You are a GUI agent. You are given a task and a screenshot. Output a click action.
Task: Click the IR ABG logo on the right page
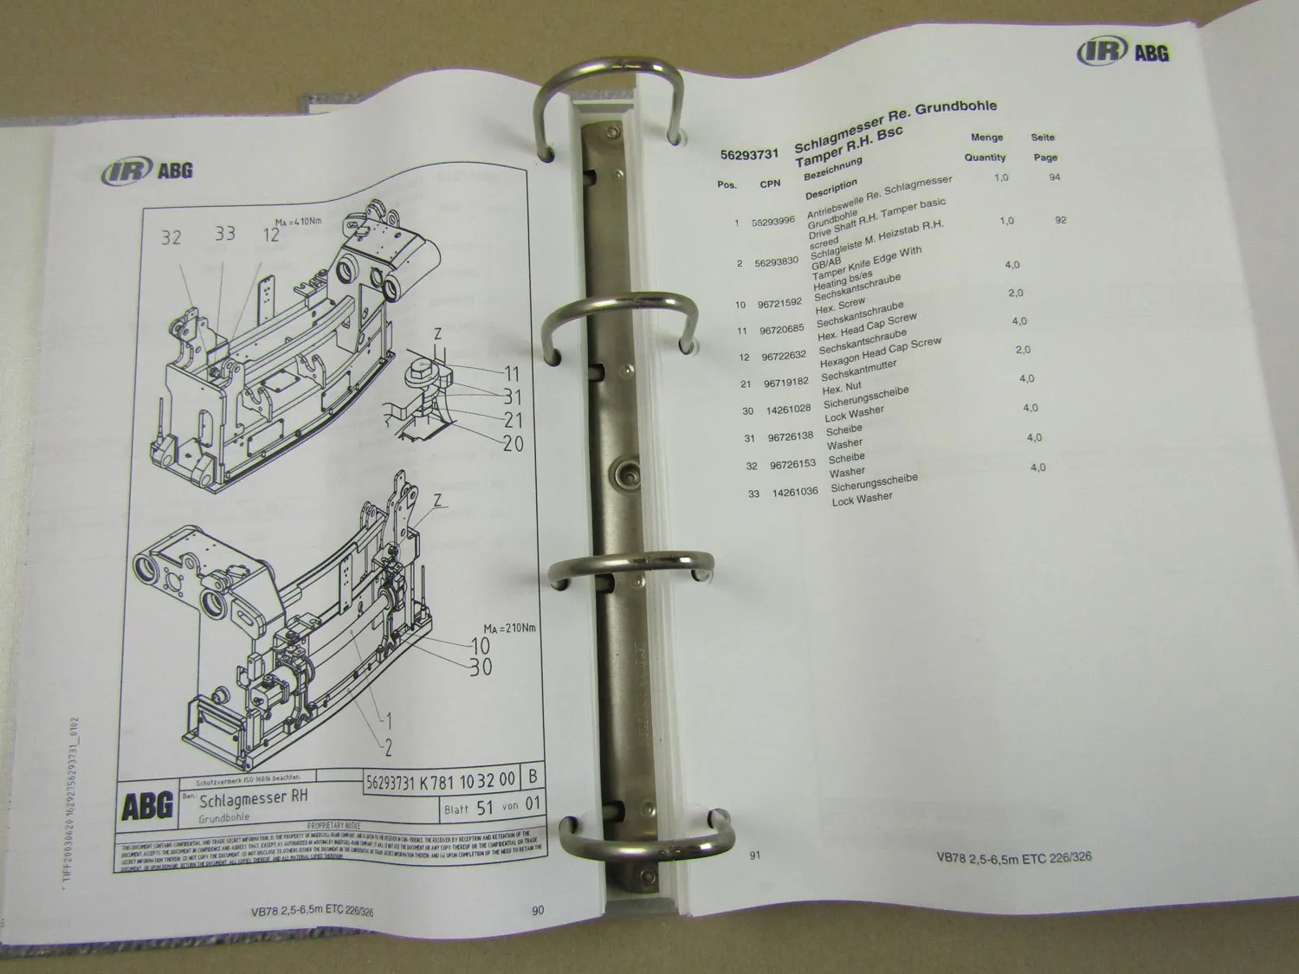[1122, 51]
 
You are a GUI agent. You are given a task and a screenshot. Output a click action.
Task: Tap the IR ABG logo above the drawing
[146, 169]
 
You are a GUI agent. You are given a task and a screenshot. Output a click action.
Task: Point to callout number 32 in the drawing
[171, 237]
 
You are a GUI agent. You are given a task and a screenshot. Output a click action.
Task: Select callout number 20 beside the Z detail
[513, 443]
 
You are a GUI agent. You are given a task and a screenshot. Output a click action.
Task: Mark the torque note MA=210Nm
[509, 628]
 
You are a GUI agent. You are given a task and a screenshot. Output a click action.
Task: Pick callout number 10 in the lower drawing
[479, 646]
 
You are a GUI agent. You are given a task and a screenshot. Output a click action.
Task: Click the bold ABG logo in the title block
[146, 807]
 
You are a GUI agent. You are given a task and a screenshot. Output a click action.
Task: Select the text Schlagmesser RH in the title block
[253, 797]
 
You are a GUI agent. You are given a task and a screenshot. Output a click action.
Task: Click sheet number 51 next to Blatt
[485, 807]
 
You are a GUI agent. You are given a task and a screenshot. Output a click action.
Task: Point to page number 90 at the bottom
[538, 909]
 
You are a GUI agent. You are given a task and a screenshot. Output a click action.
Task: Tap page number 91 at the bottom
[754, 855]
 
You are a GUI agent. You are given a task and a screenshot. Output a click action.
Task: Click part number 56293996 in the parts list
[773, 221]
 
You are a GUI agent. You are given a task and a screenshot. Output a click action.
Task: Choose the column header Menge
[986, 137]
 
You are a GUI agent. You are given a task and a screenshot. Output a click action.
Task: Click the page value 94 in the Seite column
[1054, 177]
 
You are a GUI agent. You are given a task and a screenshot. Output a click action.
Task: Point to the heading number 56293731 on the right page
[750, 155]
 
